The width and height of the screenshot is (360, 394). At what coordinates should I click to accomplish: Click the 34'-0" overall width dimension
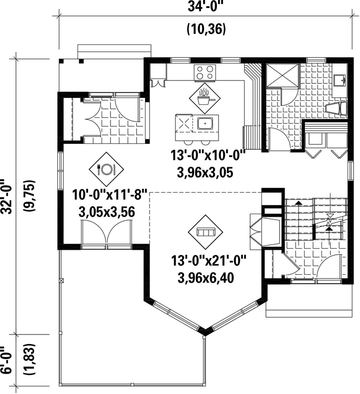(x=205, y=7)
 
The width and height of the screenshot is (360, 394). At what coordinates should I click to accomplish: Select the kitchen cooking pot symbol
(x=205, y=98)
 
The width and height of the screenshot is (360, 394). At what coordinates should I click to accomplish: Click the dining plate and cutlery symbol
(x=106, y=169)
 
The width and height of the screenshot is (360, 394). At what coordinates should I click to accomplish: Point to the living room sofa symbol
(x=206, y=232)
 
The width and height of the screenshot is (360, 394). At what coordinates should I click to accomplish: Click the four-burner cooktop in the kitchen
(x=205, y=72)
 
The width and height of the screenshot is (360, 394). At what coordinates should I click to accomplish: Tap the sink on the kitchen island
(x=205, y=124)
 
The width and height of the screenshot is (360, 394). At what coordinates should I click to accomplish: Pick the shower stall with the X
(x=282, y=75)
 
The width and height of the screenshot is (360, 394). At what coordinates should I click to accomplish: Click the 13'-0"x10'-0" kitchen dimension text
(x=208, y=155)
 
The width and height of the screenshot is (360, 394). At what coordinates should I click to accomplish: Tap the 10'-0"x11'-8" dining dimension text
(x=109, y=195)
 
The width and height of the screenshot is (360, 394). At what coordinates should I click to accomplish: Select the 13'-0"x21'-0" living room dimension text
(x=208, y=261)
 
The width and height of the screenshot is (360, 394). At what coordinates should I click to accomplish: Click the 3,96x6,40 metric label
(x=206, y=278)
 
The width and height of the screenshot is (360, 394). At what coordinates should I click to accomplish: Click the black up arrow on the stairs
(x=298, y=202)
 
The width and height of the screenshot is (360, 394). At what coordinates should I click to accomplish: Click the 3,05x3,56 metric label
(x=107, y=212)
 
